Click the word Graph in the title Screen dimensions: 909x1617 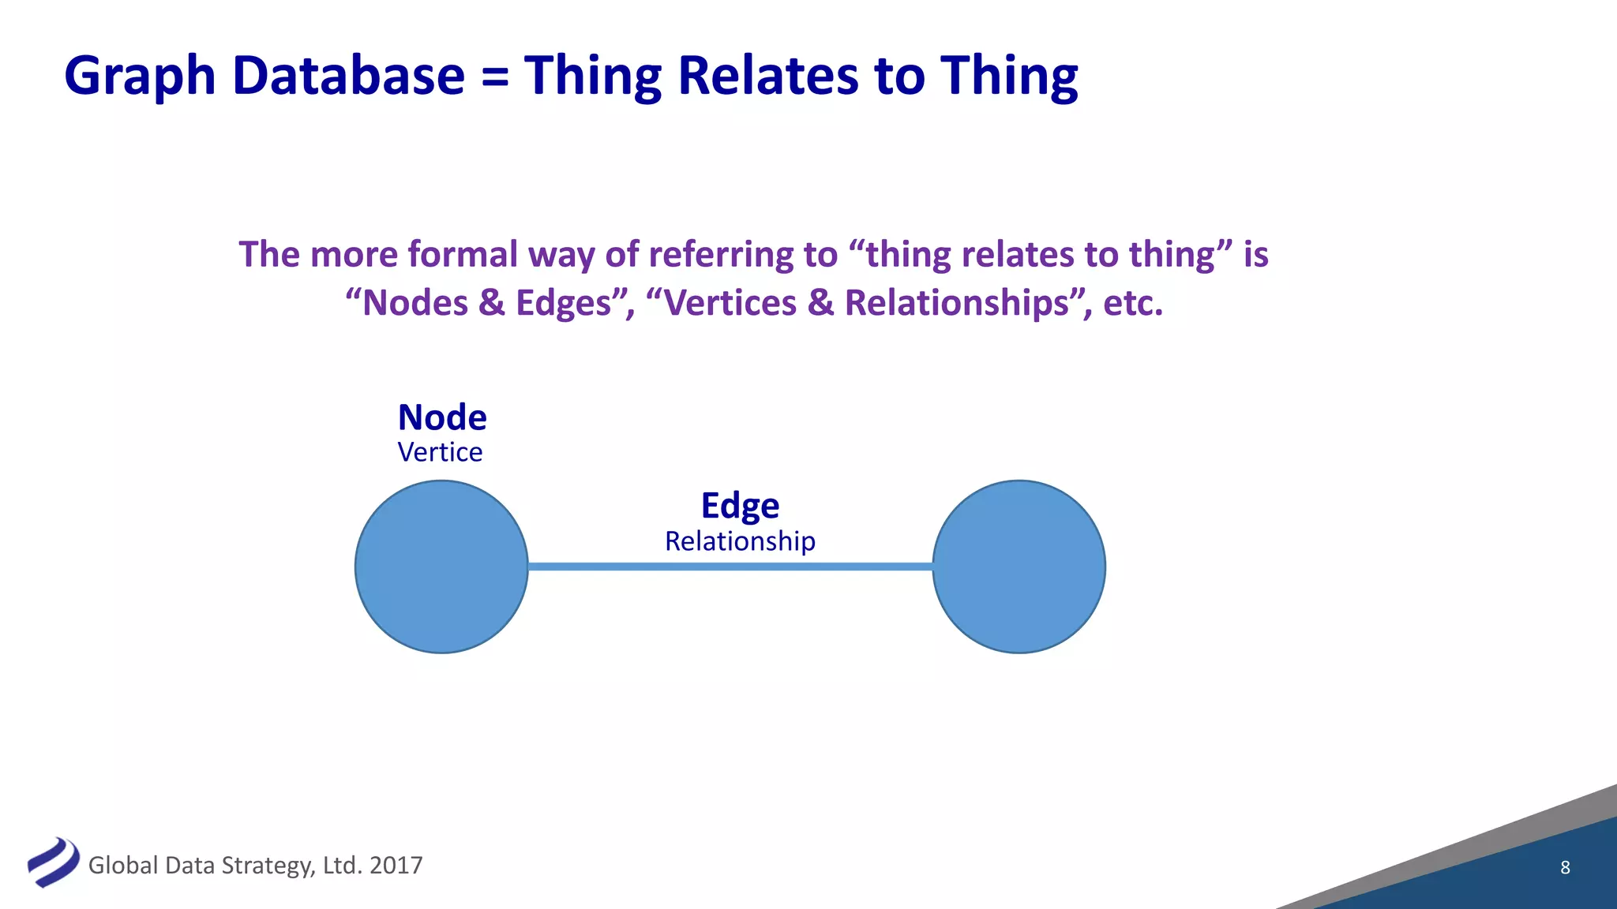(x=140, y=77)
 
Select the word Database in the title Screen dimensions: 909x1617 (x=348, y=76)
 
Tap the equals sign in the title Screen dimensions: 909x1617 (x=494, y=77)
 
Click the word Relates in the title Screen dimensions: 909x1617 (x=768, y=76)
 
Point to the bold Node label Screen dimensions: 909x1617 (x=442, y=417)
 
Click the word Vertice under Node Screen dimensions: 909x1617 (x=440, y=452)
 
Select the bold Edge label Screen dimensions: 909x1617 (x=740, y=506)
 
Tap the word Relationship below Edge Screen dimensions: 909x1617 (x=740, y=541)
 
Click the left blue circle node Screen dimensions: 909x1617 (x=441, y=567)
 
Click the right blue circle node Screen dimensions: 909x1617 (x=1019, y=567)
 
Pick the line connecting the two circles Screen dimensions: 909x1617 (x=730, y=567)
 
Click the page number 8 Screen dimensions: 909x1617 (x=1565, y=868)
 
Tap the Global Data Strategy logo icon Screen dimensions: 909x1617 (x=53, y=862)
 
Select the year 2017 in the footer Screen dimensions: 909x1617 (x=396, y=866)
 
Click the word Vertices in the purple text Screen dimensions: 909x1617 (x=730, y=303)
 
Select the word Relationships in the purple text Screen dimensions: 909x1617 (x=957, y=303)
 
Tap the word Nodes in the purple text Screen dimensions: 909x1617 (x=415, y=303)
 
